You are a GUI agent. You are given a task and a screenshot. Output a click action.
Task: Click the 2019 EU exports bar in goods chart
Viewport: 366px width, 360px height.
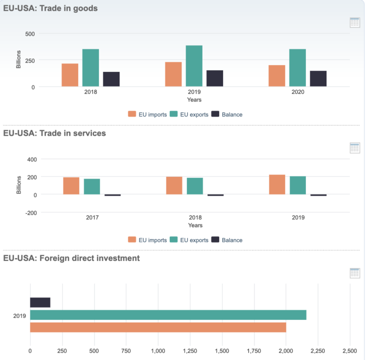pos(194,66)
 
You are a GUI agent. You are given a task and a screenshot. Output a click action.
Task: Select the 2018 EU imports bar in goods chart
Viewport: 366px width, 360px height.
pos(70,75)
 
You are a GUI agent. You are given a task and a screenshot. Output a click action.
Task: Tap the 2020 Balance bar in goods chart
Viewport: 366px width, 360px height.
pos(318,79)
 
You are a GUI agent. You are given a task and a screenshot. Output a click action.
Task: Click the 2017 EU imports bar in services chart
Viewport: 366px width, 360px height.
pos(71,186)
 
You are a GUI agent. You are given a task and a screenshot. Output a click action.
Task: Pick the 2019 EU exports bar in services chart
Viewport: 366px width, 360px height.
pos(298,185)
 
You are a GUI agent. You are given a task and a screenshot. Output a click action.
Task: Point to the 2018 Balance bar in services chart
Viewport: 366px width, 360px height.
pos(215,195)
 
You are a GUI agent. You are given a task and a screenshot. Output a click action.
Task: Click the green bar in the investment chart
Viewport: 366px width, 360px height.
pos(168,315)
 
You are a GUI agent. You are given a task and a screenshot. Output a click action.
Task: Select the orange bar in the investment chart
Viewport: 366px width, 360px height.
pos(158,327)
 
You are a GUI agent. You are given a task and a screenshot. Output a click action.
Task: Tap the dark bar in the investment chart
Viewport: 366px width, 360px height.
pos(40,302)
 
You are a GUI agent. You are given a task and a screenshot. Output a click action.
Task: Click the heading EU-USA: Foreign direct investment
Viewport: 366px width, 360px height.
pos(71,258)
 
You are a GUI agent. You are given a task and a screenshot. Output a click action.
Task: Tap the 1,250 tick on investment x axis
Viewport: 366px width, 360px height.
pos(190,351)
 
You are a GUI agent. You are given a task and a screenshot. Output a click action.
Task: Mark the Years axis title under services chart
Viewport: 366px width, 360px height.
pos(195,225)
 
